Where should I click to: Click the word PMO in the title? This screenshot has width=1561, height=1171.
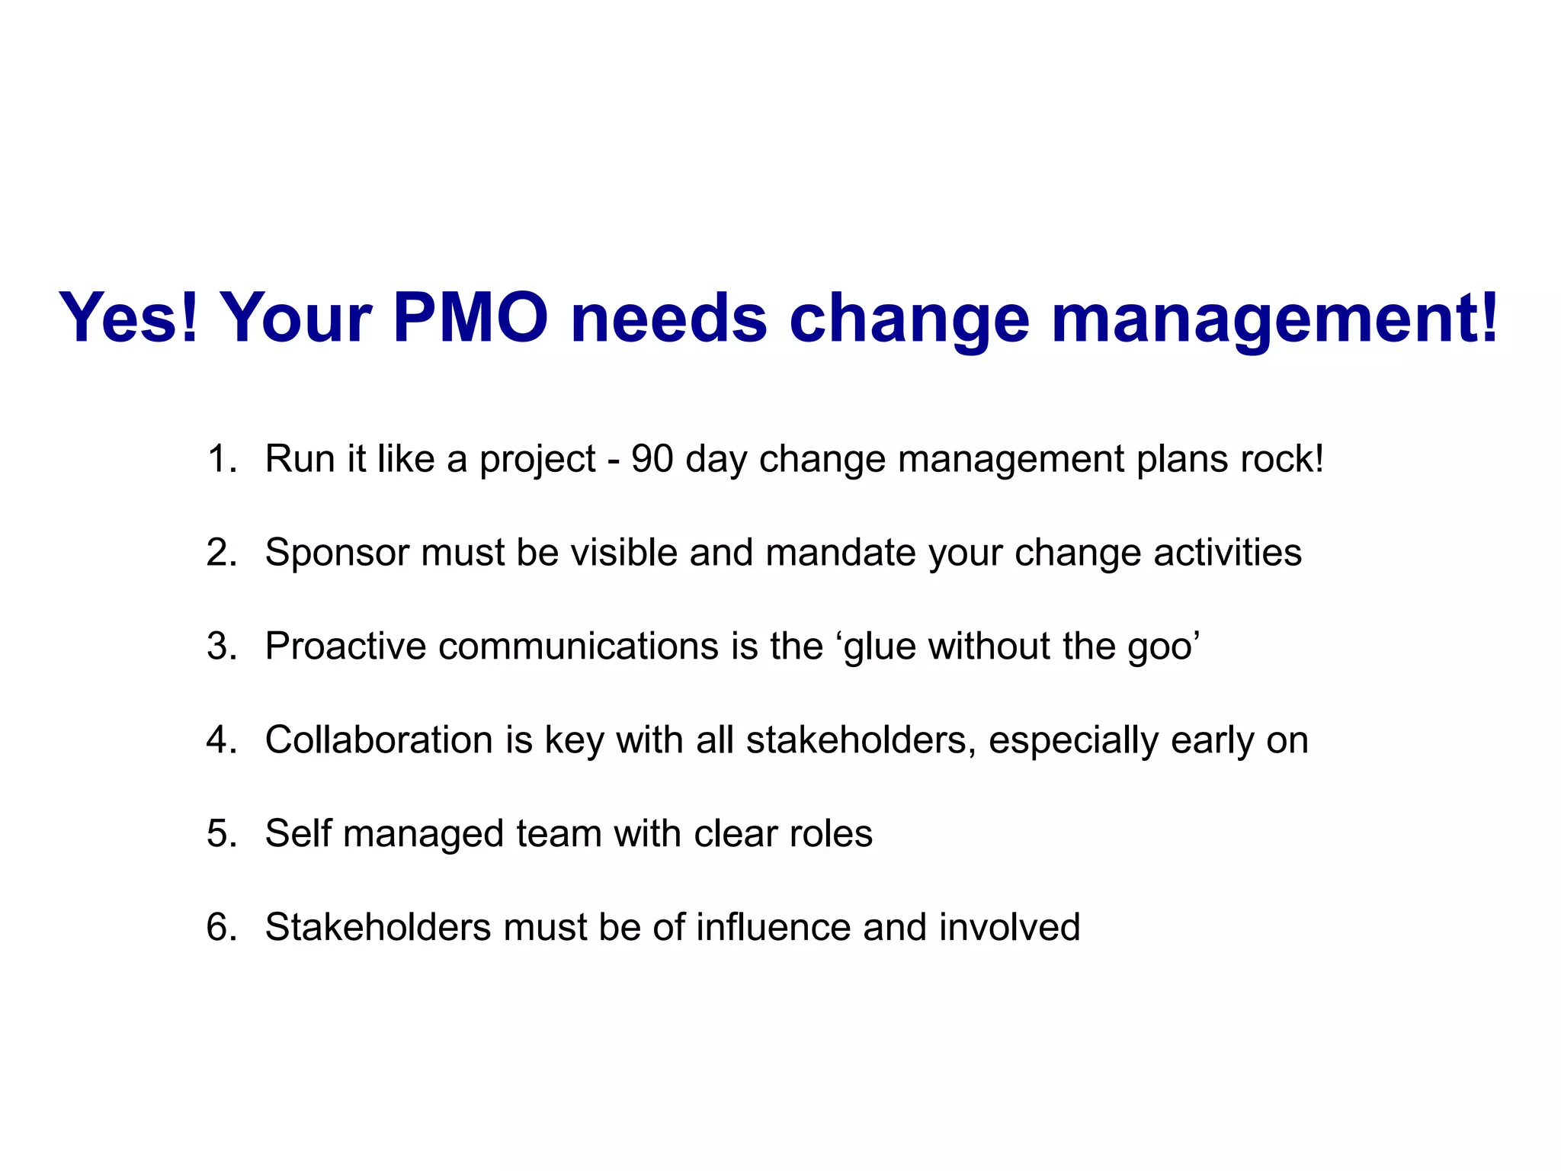tap(470, 318)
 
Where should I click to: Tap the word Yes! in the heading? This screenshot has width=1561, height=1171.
tap(128, 318)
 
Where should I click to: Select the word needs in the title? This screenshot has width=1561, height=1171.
tap(668, 318)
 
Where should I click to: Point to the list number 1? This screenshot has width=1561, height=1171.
tap(220, 460)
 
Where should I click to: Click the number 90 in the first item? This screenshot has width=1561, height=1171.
tap(652, 460)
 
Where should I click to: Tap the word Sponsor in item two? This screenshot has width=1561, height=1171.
tap(336, 553)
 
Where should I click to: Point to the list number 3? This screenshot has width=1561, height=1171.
tap(221, 646)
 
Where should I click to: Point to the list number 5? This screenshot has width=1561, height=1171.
tap(221, 834)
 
